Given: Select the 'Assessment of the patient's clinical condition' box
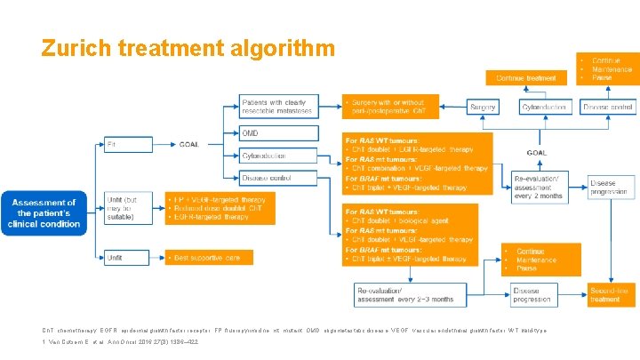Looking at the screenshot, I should tap(44, 213).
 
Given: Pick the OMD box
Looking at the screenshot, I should tap(278, 133).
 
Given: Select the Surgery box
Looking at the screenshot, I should tap(483, 106).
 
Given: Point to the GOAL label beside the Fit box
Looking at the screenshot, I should tap(188, 143).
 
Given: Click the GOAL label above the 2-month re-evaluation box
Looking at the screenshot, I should tap(536, 152).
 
